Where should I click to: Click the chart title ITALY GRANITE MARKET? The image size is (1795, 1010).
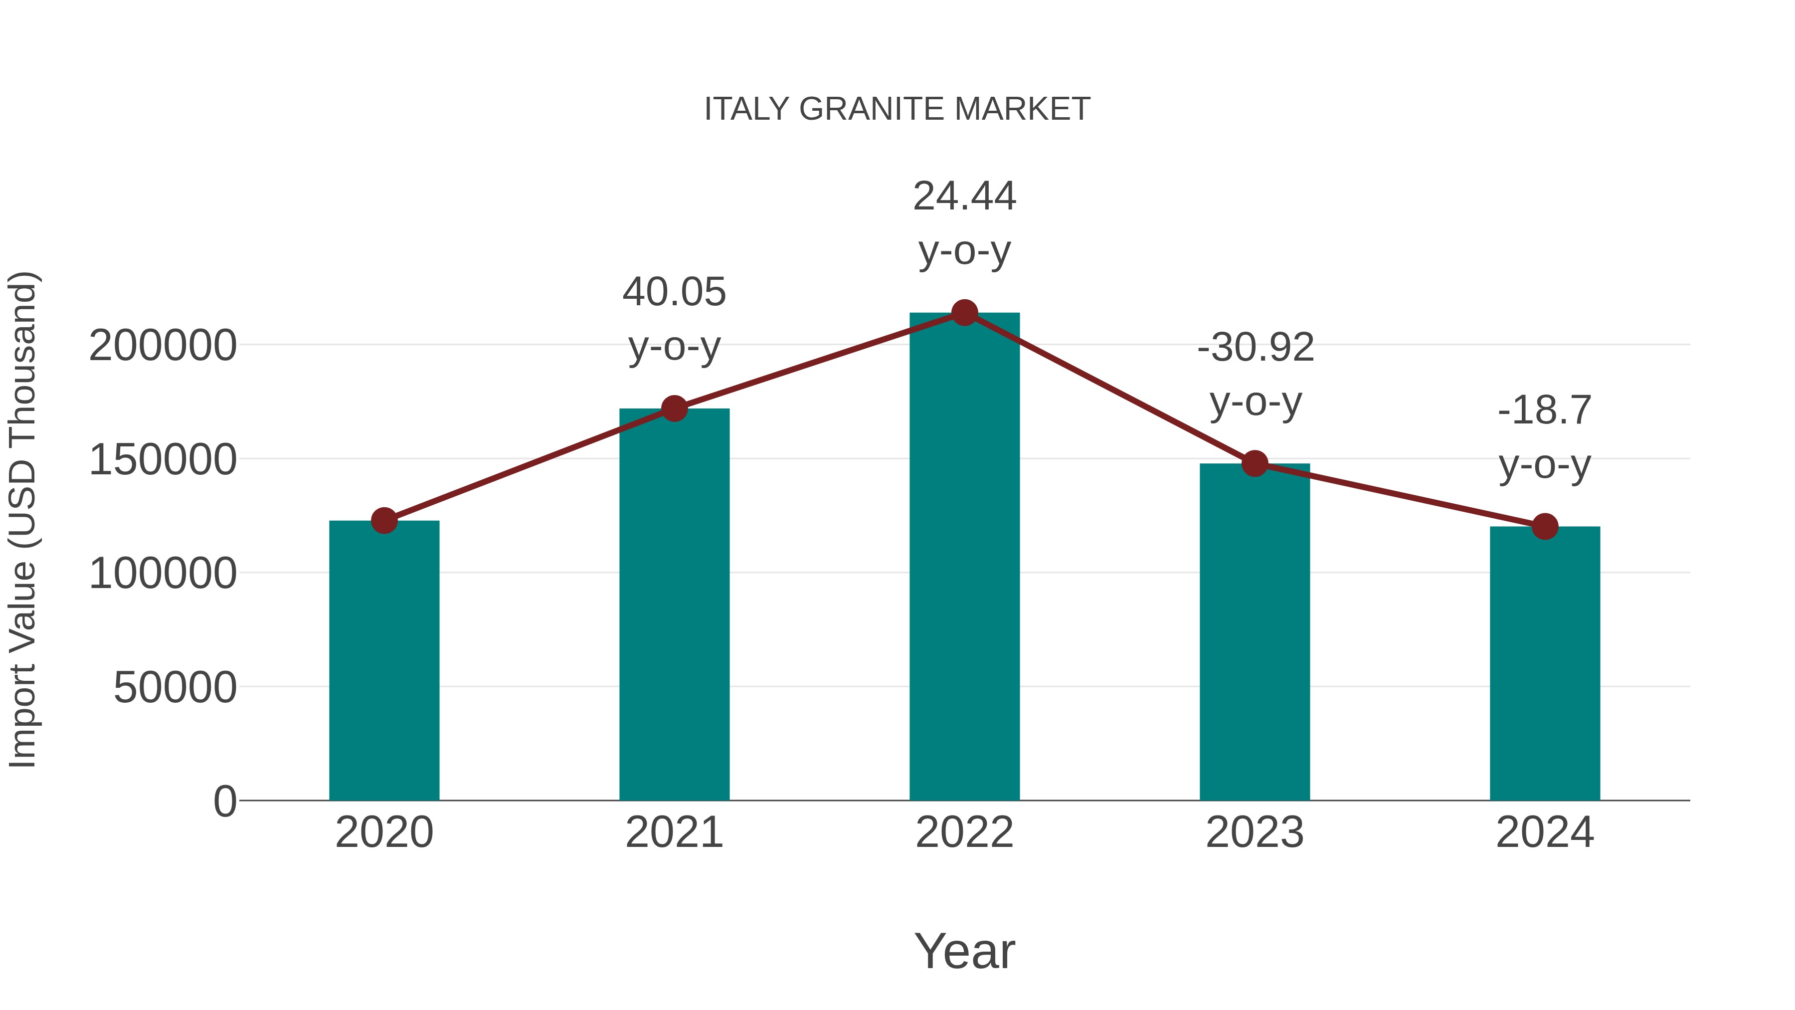[x=897, y=109]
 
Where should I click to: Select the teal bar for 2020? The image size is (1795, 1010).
[x=384, y=662]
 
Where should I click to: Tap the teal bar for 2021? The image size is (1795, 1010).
[x=674, y=606]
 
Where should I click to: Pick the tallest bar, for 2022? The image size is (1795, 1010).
[x=964, y=558]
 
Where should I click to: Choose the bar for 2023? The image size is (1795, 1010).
[x=1255, y=634]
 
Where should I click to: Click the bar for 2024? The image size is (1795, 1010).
[x=1545, y=666]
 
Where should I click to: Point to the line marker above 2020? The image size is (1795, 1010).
[x=384, y=520]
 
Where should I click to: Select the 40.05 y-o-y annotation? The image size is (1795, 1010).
[x=674, y=319]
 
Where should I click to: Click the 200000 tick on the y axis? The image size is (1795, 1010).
[x=163, y=346]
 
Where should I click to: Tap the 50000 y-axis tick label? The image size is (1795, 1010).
[x=175, y=688]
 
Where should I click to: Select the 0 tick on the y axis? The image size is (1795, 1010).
[x=225, y=802]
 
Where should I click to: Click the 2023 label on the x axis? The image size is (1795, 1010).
[x=1255, y=832]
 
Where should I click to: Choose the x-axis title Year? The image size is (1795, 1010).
[x=964, y=952]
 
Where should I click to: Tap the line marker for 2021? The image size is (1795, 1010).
[x=674, y=408]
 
